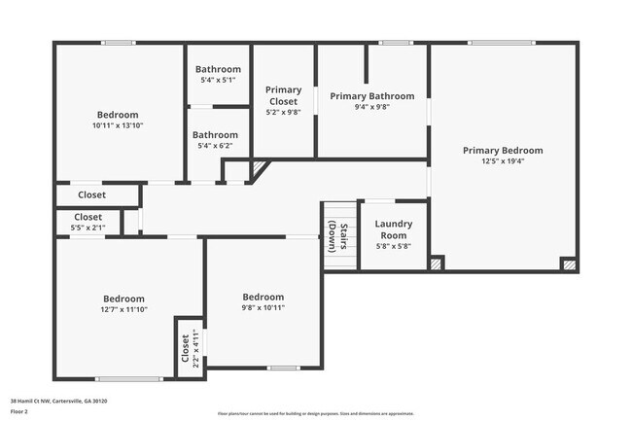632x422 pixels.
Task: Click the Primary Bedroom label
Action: point(503,151)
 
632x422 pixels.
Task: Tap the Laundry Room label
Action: point(394,229)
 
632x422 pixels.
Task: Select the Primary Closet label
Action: point(284,95)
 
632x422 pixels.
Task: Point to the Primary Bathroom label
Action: point(371,96)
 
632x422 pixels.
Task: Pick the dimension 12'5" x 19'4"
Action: point(503,161)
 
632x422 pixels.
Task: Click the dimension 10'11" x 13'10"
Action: point(118,125)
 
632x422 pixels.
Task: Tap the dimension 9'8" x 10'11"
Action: point(263,308)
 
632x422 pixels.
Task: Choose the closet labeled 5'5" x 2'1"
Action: point(88,228)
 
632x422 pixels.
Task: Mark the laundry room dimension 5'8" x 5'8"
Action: point(394,246)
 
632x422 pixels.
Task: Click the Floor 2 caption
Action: point(20,411)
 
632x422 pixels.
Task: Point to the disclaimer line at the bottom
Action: point(316,413)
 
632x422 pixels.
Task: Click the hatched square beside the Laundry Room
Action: point(437,263)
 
